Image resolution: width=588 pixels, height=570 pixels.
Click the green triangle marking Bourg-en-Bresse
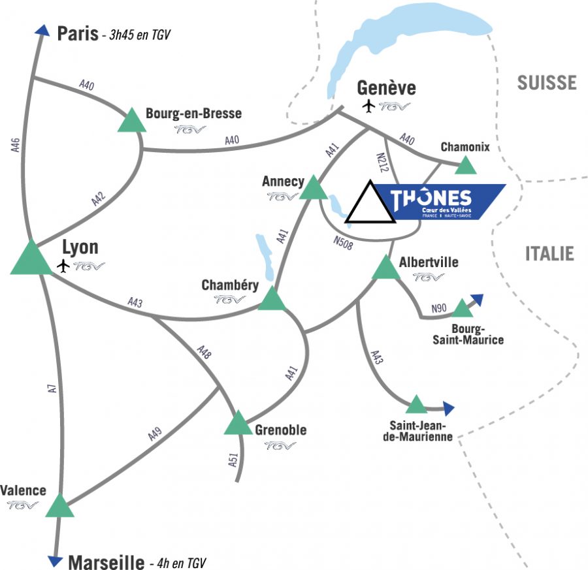point(132,121)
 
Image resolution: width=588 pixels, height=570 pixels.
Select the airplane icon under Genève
point(369,106)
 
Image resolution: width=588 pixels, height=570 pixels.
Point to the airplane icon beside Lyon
point(63,266)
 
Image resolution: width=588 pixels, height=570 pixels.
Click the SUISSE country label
point(547,82)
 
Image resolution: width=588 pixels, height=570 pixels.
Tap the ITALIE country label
point(549,253)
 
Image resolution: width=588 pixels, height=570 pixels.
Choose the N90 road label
point(439,308)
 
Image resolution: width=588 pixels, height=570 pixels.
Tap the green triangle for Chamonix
point(465,165)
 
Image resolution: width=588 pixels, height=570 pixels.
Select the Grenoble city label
point(281,430)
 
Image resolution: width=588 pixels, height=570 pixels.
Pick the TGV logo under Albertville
point(429,277)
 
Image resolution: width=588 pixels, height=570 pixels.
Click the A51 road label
point(233,459)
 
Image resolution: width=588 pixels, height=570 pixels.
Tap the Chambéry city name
point(230,285)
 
